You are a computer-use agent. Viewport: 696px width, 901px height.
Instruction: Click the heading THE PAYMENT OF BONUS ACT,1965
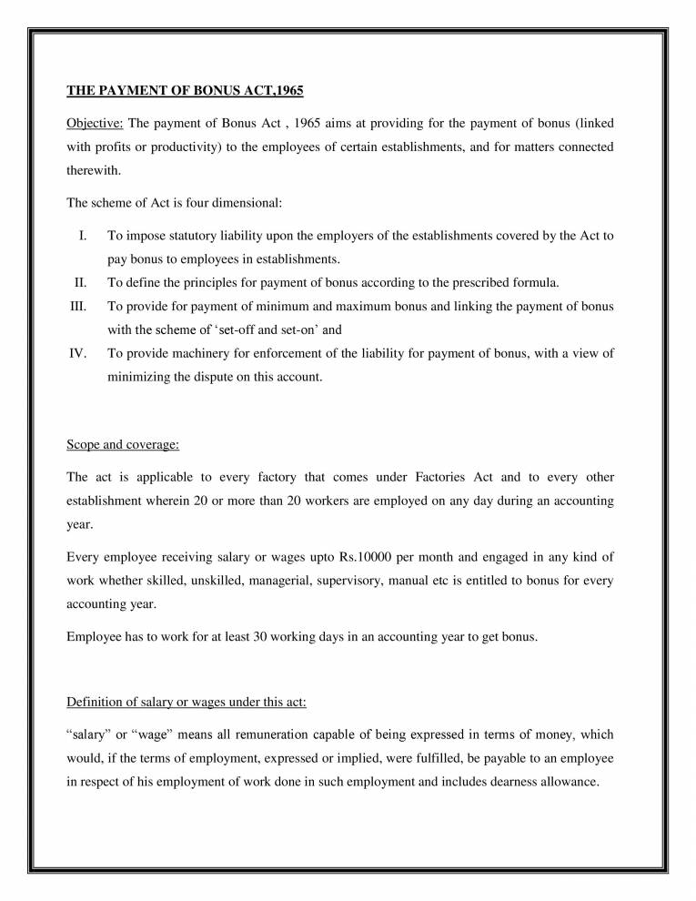[x=185, y=91]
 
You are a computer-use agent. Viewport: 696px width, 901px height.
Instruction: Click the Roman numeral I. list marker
[x=83, y=236]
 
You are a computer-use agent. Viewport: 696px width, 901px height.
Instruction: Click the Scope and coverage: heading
[x=123, y=445]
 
